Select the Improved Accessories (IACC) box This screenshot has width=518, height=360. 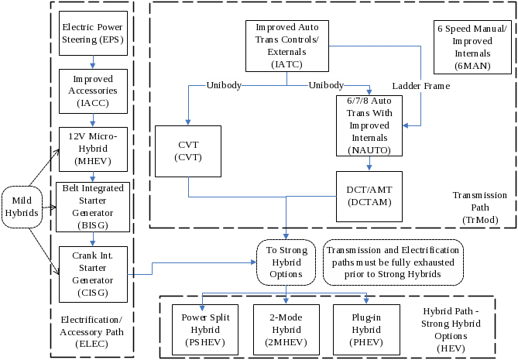(92, 91)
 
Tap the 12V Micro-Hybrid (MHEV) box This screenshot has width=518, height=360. (92, 149)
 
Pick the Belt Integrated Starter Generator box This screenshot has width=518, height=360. (92, 207)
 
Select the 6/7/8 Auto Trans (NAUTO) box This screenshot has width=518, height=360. (369, 125)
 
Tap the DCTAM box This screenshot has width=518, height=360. (369, 194)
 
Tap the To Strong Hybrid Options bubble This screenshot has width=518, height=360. (286, 263)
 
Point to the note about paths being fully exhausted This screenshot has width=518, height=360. (393, 263)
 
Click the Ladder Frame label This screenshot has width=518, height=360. (420, 86)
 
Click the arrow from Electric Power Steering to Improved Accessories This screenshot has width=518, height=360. (92, 63)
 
